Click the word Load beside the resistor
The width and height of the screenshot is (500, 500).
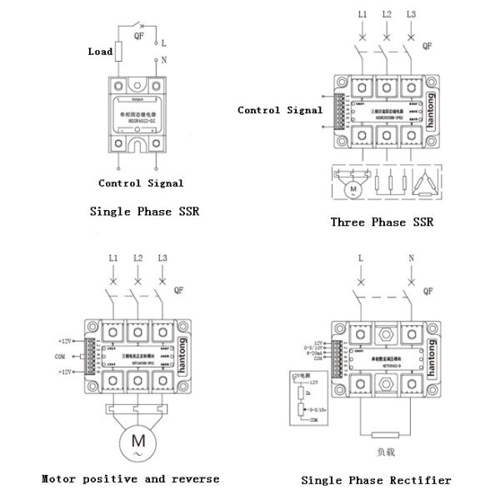[x=100, y=52]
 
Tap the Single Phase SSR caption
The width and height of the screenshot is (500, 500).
[x=144, y=212]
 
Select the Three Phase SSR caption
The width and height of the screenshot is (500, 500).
[x=382, y=222]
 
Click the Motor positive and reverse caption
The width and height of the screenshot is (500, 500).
[x=130, y=478]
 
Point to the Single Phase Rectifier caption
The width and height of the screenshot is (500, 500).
[x=376, y=480]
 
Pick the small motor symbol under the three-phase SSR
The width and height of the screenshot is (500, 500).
[x=352, y=189]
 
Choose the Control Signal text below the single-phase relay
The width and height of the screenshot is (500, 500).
[x=141, y=183]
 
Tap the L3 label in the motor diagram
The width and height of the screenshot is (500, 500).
[x=162, y=259]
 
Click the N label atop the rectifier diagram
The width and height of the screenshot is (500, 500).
[x=412, y=259]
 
